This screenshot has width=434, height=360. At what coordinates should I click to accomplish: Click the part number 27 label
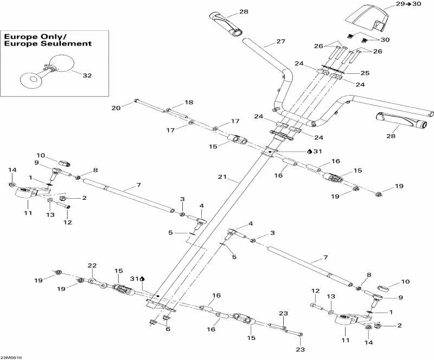click(280, 41)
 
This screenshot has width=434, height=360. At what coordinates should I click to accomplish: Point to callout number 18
click(189, 103)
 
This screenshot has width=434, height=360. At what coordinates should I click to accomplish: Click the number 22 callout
click(92, 266)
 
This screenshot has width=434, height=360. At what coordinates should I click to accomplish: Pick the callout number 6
click(168, 329)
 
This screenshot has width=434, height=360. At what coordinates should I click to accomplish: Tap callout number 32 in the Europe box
click(87, 76)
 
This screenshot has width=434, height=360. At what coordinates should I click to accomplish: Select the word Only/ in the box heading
click(55, 36)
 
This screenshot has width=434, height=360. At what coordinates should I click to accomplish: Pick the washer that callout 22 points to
click(92, 281)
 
